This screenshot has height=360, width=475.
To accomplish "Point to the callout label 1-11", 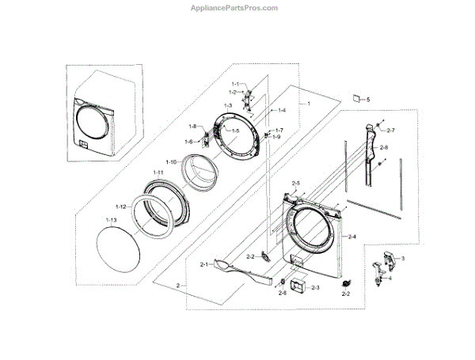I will point(158,172).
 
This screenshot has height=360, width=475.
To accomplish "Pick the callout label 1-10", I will point(171,161).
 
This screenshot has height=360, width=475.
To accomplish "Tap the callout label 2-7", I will point(390,130).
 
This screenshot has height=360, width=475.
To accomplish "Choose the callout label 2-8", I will point(383,148).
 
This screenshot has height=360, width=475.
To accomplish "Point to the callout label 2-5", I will point(295,184).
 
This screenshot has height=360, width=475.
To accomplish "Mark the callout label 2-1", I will point(204,264).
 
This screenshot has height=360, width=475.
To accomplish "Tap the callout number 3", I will point(403,259).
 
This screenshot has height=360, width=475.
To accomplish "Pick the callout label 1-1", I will point(235,84).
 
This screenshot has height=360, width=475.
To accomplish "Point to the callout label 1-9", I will point(276,137).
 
